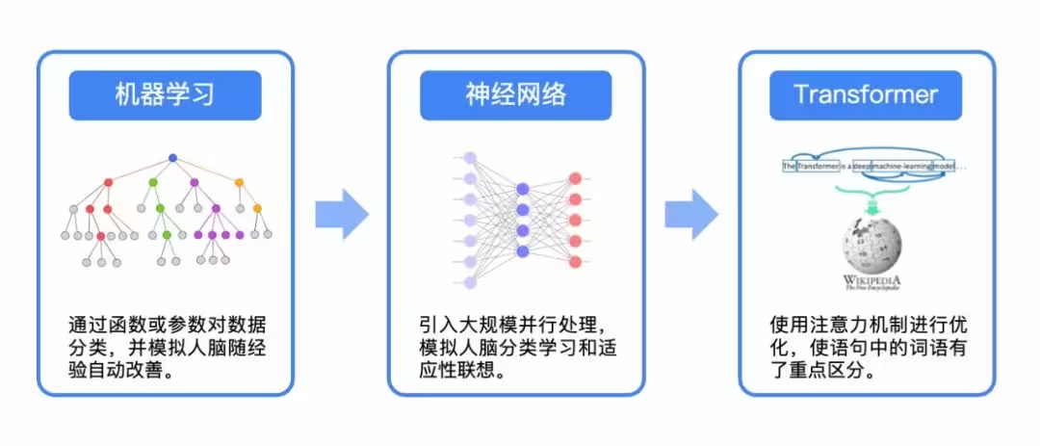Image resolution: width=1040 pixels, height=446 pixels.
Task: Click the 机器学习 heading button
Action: (x=165, y=95)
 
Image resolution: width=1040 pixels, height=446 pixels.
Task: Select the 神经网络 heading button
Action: (x=515, y=95)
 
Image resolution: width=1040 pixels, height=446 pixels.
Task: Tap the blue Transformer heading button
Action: (x=866, y=95)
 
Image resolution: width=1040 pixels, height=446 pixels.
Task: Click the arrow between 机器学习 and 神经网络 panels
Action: (x=342, y=214)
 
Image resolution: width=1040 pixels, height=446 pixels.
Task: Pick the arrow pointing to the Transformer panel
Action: (x=691, y=214)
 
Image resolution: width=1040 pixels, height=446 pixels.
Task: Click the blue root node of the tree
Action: (x=172, y=158)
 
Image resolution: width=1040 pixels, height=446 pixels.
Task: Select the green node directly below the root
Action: (x=152, y=182)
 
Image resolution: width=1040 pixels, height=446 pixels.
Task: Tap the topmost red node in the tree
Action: (x=108, y=182)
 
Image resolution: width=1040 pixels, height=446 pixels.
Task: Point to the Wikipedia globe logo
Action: (x=871, y=245)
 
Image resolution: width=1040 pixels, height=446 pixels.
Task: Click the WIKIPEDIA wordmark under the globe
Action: (x=871, y=279)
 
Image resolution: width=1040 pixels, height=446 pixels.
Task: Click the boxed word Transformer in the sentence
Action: (x=818, y=166)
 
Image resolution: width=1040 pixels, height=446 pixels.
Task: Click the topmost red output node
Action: (x=575, y=178)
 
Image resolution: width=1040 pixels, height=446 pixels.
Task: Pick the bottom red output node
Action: (x=575, y=262)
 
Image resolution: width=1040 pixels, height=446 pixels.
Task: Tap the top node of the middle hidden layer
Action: (x=523, y=189)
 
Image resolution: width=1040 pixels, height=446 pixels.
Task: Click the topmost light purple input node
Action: (x=471, y=158)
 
